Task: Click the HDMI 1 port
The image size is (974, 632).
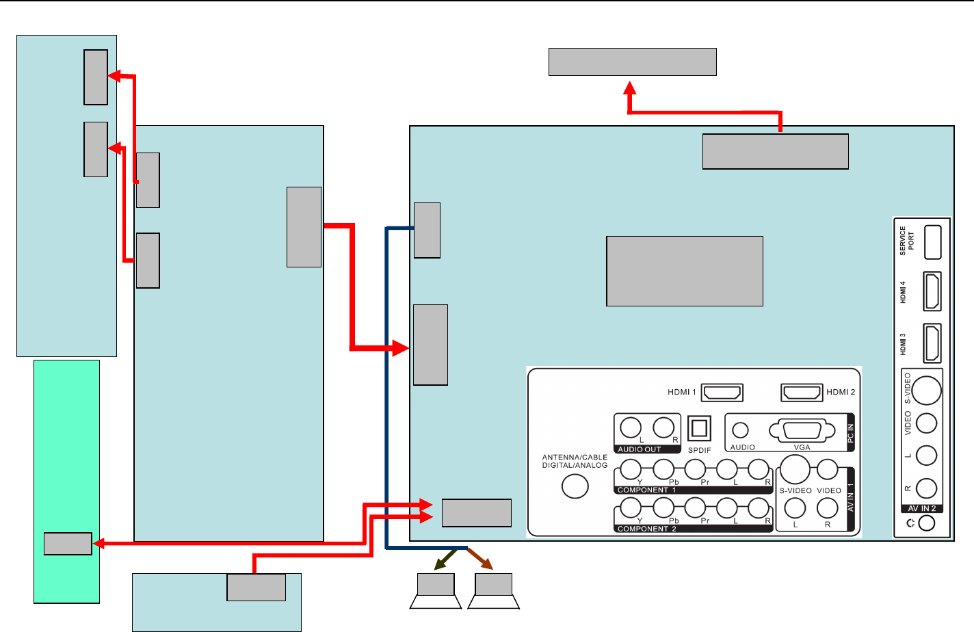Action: click(722, 393)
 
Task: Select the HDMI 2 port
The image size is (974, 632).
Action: click(802, 393)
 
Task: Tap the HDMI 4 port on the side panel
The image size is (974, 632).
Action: click(932, 291)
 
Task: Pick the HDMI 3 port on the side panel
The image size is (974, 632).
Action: click(932, 343)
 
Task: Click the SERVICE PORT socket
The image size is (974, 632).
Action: click(932, 242)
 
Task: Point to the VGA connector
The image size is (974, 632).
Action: click(802, 431)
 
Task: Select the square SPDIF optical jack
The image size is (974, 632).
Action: click(699, 429)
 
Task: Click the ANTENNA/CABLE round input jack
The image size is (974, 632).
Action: click(575, 486)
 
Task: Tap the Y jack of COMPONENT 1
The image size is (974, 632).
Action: click(631, 469)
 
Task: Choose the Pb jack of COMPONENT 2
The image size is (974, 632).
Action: click(663, 508)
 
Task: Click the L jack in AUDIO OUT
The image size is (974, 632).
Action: click(631, 427)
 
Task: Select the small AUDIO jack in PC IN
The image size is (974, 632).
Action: click(740, 430)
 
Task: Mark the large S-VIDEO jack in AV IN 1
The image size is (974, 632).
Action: click(795, 469)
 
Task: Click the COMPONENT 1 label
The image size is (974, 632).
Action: click(646, 490)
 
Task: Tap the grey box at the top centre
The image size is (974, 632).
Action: click(632, 62)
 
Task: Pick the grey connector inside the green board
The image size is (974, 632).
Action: click(68, 544)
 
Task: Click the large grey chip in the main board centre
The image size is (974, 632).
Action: click(685, 271)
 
